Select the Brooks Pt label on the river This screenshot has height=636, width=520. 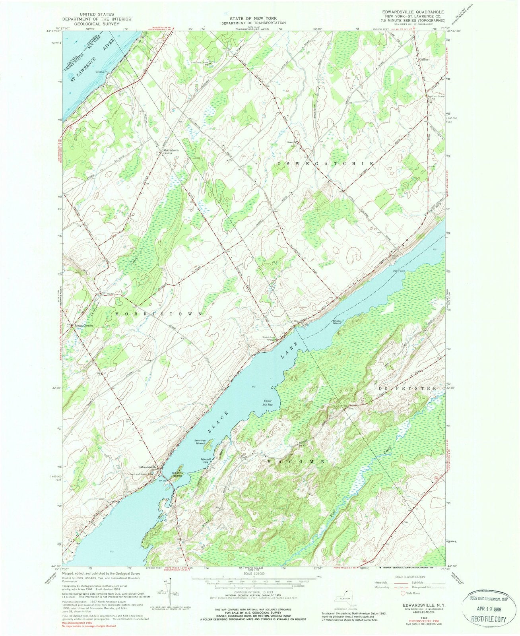(103, 72)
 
